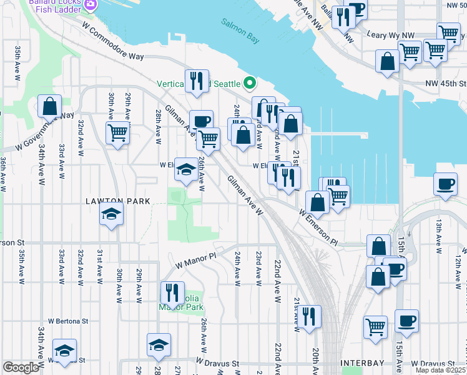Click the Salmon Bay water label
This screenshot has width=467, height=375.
point(240,30)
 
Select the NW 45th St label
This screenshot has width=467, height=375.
point(445,83)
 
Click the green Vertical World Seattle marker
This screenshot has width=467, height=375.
point(250,82)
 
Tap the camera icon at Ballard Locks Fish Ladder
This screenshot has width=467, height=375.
point(91,5)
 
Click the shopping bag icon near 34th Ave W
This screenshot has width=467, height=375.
point(49,107)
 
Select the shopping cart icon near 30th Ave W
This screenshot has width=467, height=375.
point(117,132)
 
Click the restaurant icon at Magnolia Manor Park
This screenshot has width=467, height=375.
point(172,292)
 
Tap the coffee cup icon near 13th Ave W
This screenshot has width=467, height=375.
point(445,184)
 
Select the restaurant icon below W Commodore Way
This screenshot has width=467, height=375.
point(196,81)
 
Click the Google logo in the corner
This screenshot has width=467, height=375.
point(21,367)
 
